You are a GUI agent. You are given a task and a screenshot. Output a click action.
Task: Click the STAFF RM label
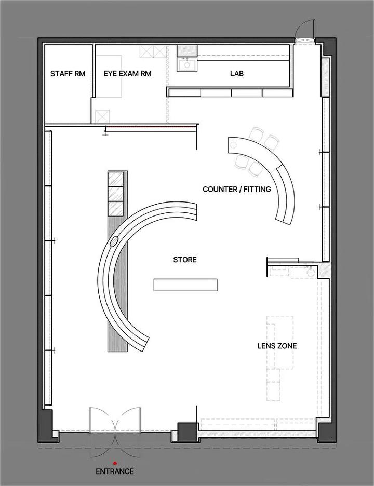(68, 74)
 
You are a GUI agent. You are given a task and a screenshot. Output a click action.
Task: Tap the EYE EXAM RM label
(127, 74)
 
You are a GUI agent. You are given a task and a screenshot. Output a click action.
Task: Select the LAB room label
(237, 74)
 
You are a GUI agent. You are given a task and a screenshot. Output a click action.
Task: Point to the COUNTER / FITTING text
(237, 189)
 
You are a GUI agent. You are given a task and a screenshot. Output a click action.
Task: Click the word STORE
(185, 260)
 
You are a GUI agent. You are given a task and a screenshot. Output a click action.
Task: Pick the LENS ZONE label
(277, 346)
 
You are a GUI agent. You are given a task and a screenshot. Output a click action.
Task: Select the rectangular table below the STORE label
(185, 285)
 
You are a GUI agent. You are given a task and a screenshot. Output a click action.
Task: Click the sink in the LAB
(186, 64)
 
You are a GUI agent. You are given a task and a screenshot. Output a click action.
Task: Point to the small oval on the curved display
(114, 241)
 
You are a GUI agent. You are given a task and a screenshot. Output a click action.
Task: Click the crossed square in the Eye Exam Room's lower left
(102, 116)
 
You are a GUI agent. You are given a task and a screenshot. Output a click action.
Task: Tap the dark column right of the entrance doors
(184, 431)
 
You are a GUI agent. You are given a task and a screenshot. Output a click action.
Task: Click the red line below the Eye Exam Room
(151, 127)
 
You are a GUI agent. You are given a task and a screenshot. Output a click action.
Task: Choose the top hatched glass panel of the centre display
(115, 179)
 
